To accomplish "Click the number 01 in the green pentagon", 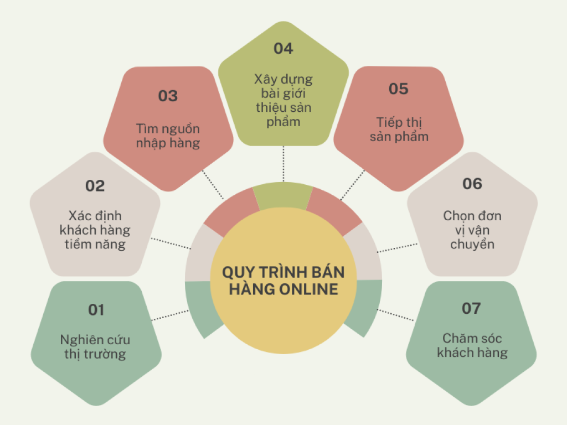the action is coord(96,310).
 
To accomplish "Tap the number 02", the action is coord(95,186).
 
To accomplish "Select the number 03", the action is coord(168,96).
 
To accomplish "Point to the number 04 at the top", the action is coord(283,49).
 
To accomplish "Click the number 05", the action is coord(399,89).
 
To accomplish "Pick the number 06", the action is coord(472,184).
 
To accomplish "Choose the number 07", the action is coord(471,309).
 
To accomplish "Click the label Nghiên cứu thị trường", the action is coord(95,347).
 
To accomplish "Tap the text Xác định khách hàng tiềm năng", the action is coord(95,230).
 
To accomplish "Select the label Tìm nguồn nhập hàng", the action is coord(168,136).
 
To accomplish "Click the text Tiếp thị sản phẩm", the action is coord(399,129).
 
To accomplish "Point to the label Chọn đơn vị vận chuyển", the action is coord(472,230).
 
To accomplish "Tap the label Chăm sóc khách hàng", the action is coord(472,345).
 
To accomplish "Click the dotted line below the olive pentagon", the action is coord(283,164).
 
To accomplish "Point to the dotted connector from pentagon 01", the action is coord(170,315).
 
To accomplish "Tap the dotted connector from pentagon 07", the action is coord(395,315).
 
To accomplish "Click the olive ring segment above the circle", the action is coord(283,195).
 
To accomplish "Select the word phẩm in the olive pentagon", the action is coord(283,122).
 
